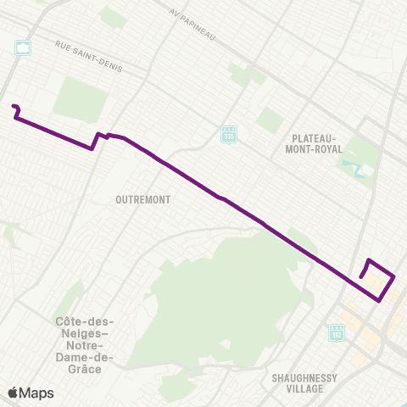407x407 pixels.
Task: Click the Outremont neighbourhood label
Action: (x=143, y=199)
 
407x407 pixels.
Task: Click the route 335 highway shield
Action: (x=228, y=134)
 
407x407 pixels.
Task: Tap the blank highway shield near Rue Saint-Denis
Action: (x=23, y=47)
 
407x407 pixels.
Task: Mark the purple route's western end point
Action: (x=13, y=106)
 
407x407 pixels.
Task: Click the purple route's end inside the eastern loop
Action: (x=361, y=276)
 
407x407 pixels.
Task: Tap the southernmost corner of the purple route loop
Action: (x=379, y=298)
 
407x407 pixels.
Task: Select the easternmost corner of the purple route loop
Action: (x=395, y=276)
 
